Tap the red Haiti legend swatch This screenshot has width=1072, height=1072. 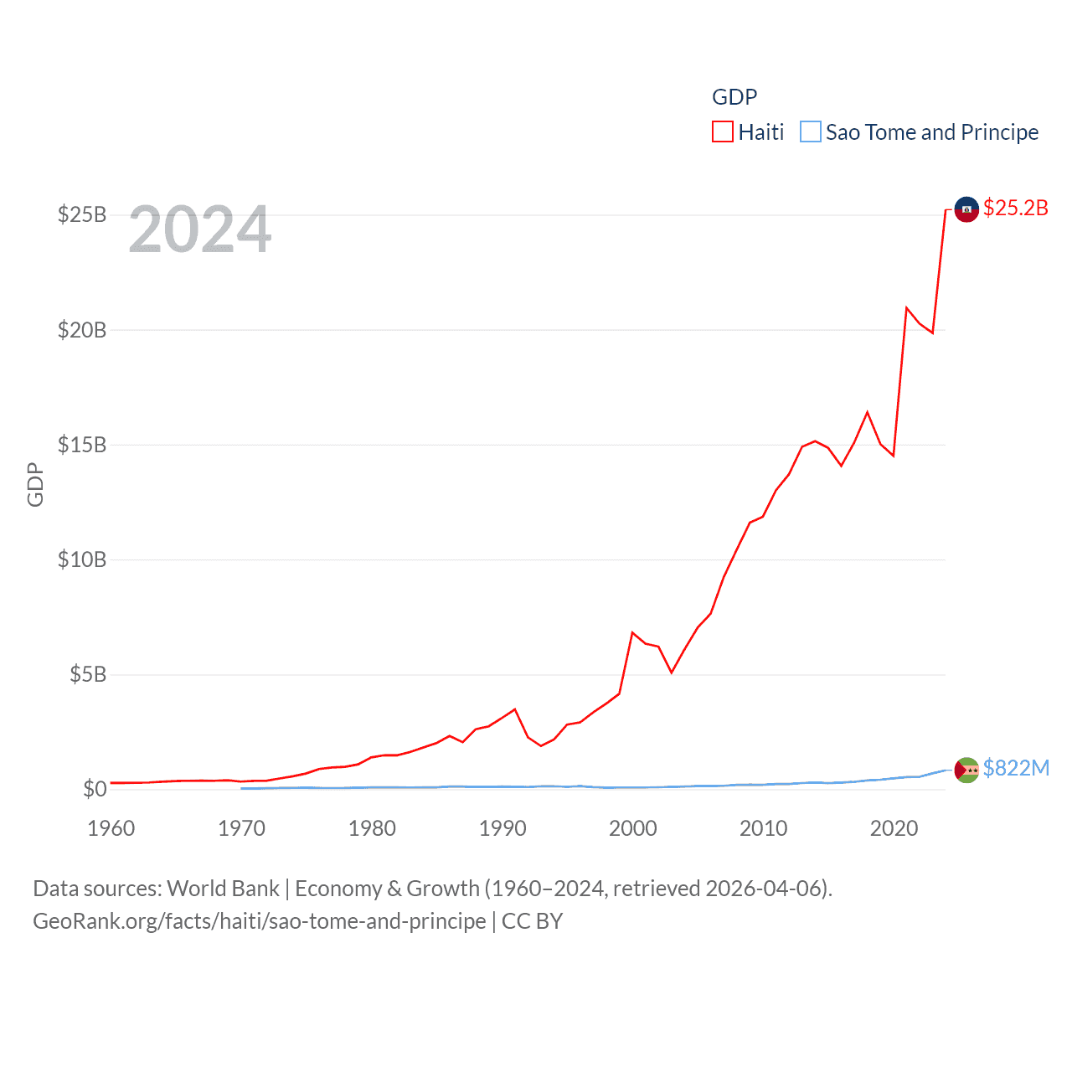(723, 132)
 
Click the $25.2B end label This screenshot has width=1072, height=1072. (1015, 208)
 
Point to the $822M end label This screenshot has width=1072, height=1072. (1016, 768)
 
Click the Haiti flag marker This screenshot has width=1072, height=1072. (966, 209)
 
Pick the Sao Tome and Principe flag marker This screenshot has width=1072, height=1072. (966, 770)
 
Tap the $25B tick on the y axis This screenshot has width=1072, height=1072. (82, 214)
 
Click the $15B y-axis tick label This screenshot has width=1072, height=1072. (82, 445)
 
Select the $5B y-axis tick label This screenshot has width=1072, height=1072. (88, 674)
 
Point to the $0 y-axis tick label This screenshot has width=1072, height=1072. (95, 789)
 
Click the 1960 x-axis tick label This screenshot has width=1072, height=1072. (111, 828)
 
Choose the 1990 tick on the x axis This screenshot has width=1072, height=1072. (502, 828)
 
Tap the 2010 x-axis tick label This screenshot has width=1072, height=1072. (764, 828)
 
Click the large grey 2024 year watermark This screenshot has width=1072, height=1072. (200, 229)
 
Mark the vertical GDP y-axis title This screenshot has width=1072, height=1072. (35, 484)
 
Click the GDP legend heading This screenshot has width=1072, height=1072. (734, 97)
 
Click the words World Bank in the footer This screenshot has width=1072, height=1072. (224, 888)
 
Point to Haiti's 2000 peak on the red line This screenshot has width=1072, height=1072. (632, 632)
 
